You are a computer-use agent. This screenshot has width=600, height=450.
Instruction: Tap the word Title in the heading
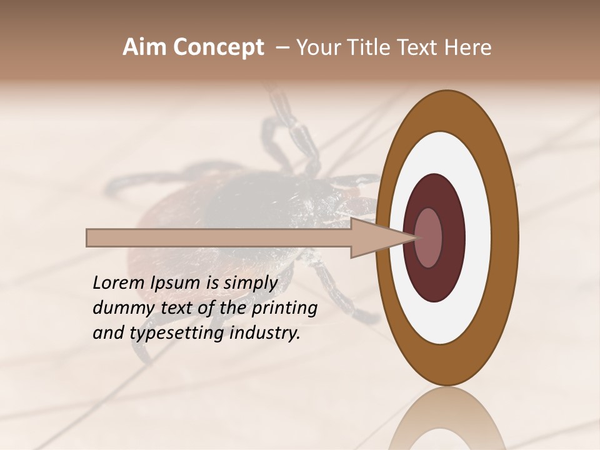pos(369,47)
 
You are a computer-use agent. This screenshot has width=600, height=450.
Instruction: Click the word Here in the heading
pos(467,47)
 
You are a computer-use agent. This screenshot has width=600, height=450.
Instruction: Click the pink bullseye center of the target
pos(429,237)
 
